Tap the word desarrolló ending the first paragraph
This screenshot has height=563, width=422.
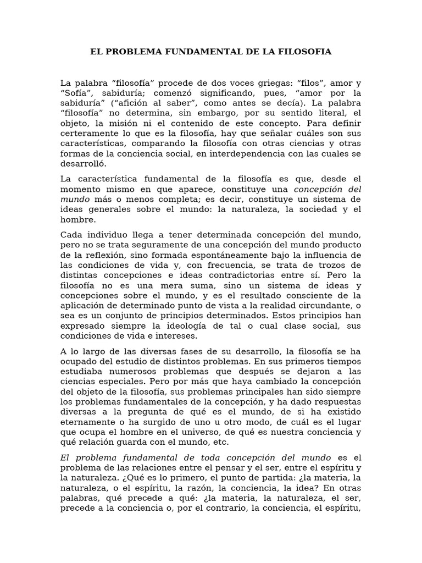tap(84, 164)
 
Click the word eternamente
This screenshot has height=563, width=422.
tap(87, 422)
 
